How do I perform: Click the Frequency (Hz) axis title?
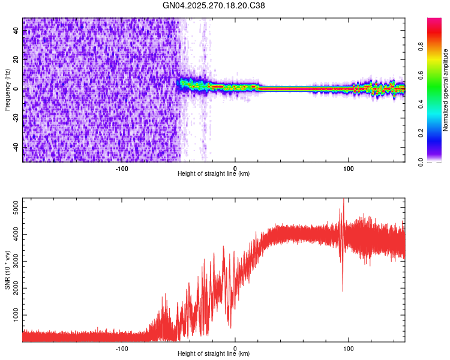click(7, 91)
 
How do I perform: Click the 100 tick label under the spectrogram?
click(349, 168)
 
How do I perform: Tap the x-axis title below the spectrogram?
click(214, 174)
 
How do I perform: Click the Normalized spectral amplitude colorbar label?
click(446, 91)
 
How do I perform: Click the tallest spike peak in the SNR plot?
click(343, 199)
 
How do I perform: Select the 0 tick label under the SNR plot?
click(235, 348)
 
